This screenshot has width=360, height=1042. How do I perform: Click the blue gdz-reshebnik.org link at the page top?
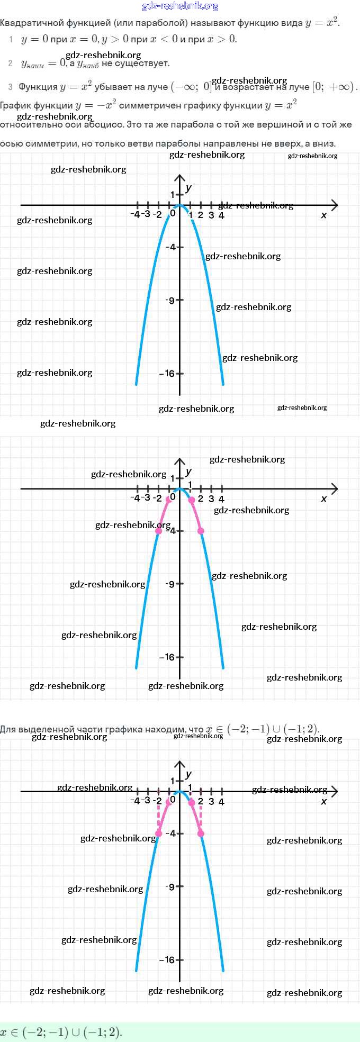tap(180, 6)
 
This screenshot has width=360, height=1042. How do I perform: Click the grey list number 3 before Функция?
tap(10, 87)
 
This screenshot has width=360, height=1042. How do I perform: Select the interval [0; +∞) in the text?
tap(334, 87)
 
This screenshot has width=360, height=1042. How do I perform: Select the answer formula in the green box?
tap(61, 1032)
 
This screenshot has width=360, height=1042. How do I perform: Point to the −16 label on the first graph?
tap(167, 374)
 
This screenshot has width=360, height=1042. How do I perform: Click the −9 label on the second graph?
tap(169, 584)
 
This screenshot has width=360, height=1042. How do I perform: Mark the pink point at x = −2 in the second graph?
tap(158, 531)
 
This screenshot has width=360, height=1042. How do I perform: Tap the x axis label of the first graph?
tap(324, 215)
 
